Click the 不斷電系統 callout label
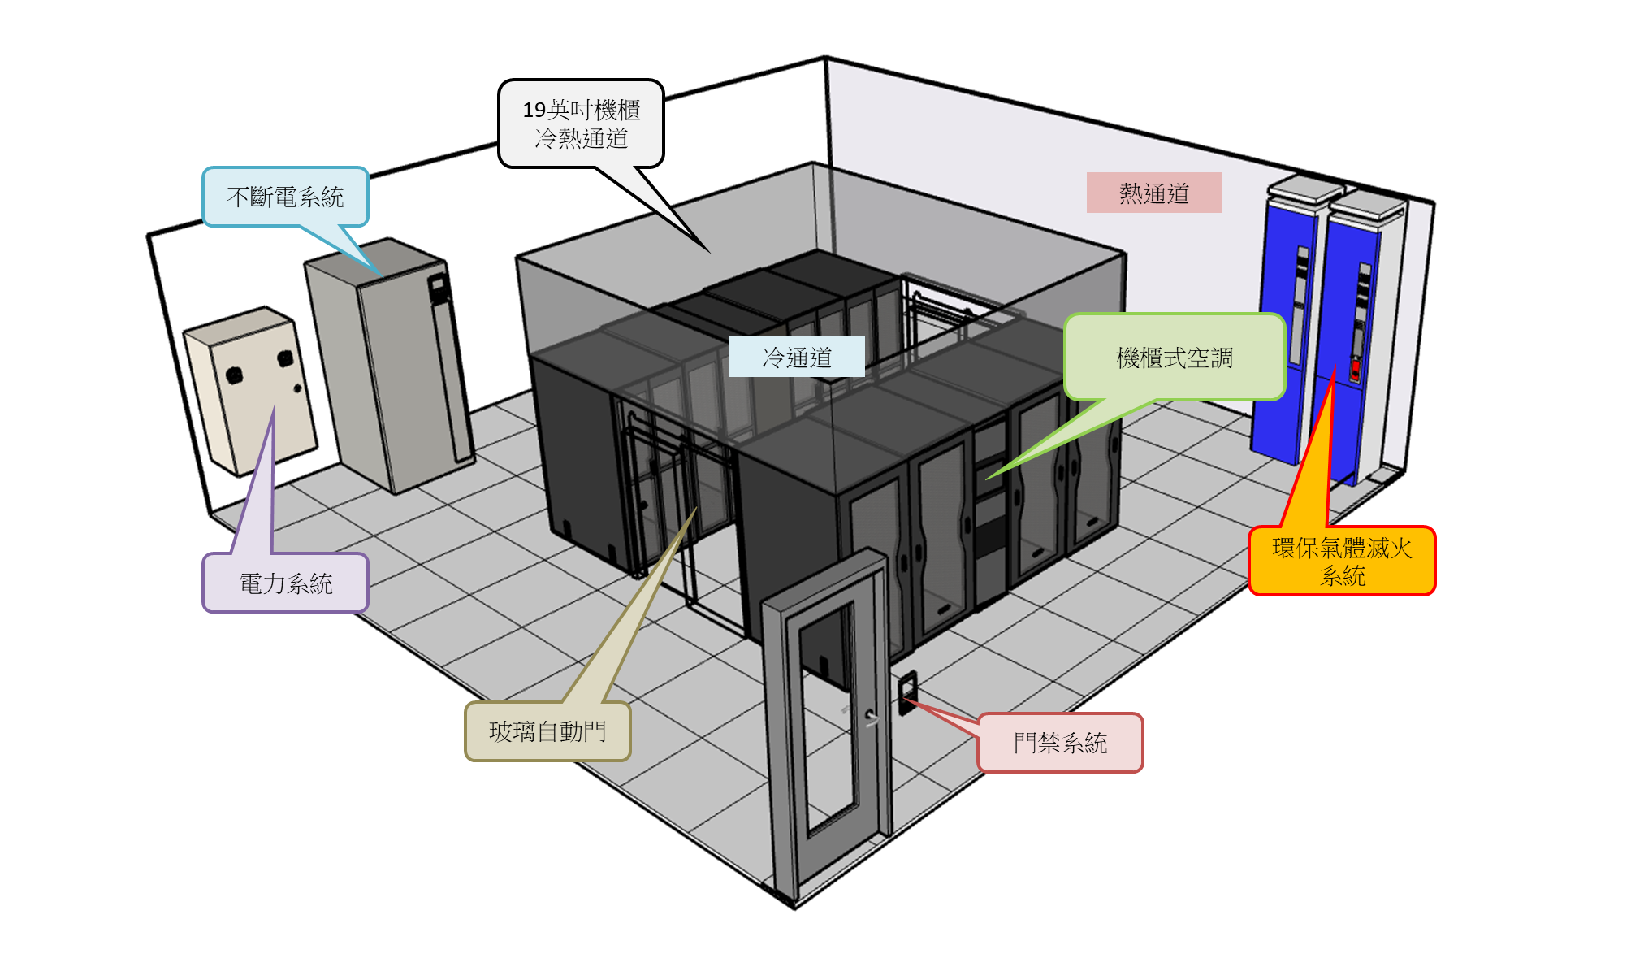tap(285, 197)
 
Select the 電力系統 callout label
tap(285, 583)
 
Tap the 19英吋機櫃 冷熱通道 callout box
tap(581, 124)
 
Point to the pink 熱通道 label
tap(1154, 193)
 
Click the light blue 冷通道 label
tap(797, 357)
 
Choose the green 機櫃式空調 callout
tap(1175, 358)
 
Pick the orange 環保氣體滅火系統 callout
tap(1342, 562)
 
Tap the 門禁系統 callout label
tap(1060, 742)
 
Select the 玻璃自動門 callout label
tap(547, 731)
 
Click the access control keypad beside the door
tap(907, 692)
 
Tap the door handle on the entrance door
tap(871, 717)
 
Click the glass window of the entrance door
tap(828, 715)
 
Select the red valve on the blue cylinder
tap(1355, 370)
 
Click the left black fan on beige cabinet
tap(234, 375)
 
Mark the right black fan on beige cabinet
tap(285, 358)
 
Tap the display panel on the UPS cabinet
tap(439, 287)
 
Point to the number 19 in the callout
tap(534, 110)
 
